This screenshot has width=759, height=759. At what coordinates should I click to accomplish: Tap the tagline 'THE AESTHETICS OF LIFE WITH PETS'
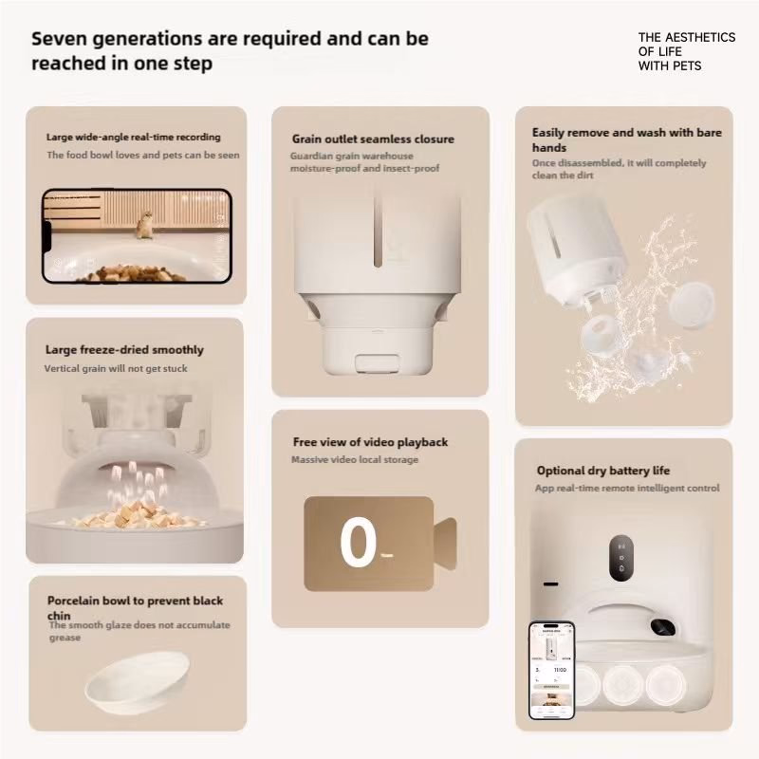click(686, 51)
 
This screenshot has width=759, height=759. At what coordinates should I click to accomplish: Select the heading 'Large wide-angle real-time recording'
click(133, 137)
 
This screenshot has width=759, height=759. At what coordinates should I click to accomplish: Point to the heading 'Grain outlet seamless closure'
click(373, 139)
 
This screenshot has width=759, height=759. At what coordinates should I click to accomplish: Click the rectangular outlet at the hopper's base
click(377, 362)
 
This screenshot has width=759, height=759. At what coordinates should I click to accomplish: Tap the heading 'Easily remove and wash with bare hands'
click(627, 139)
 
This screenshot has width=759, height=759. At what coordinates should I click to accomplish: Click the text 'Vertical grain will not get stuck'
click(116, 368)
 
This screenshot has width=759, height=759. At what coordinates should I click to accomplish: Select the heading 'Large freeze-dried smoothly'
click(124, 349)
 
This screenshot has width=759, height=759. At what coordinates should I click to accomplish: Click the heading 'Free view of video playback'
click(370, 442)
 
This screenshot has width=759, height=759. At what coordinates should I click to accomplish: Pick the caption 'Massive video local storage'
click(355, 459)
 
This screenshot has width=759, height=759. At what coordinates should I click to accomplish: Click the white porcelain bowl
click(138, 682)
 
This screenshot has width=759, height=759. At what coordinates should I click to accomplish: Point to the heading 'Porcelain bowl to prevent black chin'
click(135, 608)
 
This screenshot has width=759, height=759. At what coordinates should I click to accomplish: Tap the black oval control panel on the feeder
click(621, 558)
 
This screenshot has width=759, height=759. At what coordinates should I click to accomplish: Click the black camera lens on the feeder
click(662, 627)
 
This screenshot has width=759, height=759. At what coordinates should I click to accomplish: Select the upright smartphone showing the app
click(552, 671)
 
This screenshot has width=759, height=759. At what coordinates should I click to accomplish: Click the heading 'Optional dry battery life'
click(603, 471)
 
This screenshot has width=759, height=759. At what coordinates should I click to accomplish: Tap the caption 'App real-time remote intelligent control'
click(627, 488)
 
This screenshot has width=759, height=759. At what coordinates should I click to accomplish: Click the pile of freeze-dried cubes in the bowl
click(131, 514)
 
